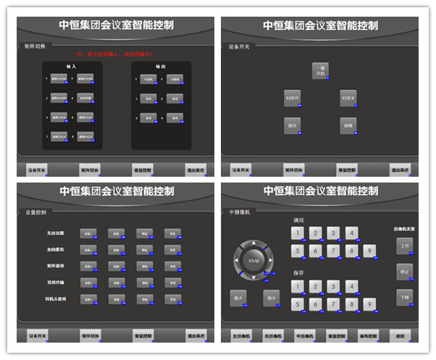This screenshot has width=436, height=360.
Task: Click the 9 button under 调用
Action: coord(369,251)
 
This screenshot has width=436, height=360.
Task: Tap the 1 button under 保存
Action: coord(297,287)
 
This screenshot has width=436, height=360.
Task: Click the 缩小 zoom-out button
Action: coord(271,297)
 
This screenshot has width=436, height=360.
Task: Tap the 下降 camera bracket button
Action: coord(404,297)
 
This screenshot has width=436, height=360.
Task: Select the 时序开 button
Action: coord(292,99)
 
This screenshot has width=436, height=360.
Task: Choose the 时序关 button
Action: coord(348,99)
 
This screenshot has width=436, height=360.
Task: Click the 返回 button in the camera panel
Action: coord(401,336)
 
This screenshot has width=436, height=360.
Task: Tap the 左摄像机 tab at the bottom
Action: coord(240,336)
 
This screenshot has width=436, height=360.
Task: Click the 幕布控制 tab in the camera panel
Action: coord(368,336)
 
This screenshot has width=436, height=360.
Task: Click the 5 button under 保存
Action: coord(297,305)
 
